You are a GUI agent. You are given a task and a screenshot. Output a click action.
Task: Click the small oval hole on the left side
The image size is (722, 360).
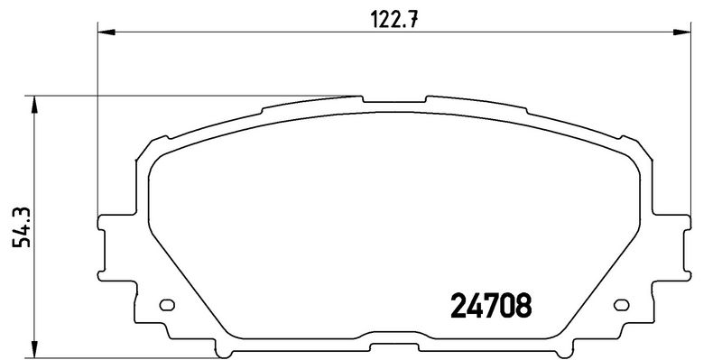[165, 305]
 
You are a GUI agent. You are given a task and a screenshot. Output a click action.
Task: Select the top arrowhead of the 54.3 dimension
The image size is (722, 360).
[35, 103]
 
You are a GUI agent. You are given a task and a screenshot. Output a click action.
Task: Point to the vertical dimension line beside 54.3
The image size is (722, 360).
[35, 271]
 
